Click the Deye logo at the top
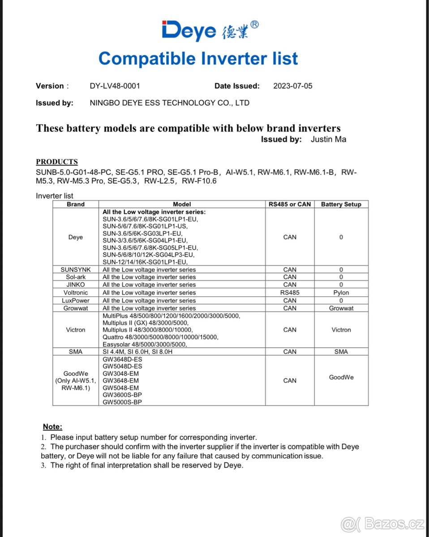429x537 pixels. tap(210, 30)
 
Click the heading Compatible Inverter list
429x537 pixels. tap(198, 59)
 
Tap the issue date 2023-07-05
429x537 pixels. tap(293, 86)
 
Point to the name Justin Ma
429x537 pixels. tap(328, 139)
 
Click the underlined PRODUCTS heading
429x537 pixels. tap(57, 162)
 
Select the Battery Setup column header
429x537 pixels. tap(341, 204)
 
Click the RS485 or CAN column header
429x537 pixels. tap(290, 204)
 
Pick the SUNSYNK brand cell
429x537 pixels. tap(76, 270)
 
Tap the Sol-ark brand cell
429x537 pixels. tap(76, 277)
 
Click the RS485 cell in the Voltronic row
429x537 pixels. tap(290, 293)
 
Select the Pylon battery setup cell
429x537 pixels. tap(341, 293)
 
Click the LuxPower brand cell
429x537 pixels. tap(76, 301)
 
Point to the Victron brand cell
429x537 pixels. tap(76, 330)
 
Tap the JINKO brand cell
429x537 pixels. tap(76, 285)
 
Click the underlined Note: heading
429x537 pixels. tap(52, 427)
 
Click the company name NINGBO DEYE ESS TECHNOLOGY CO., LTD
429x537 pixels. tap(169, 103)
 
